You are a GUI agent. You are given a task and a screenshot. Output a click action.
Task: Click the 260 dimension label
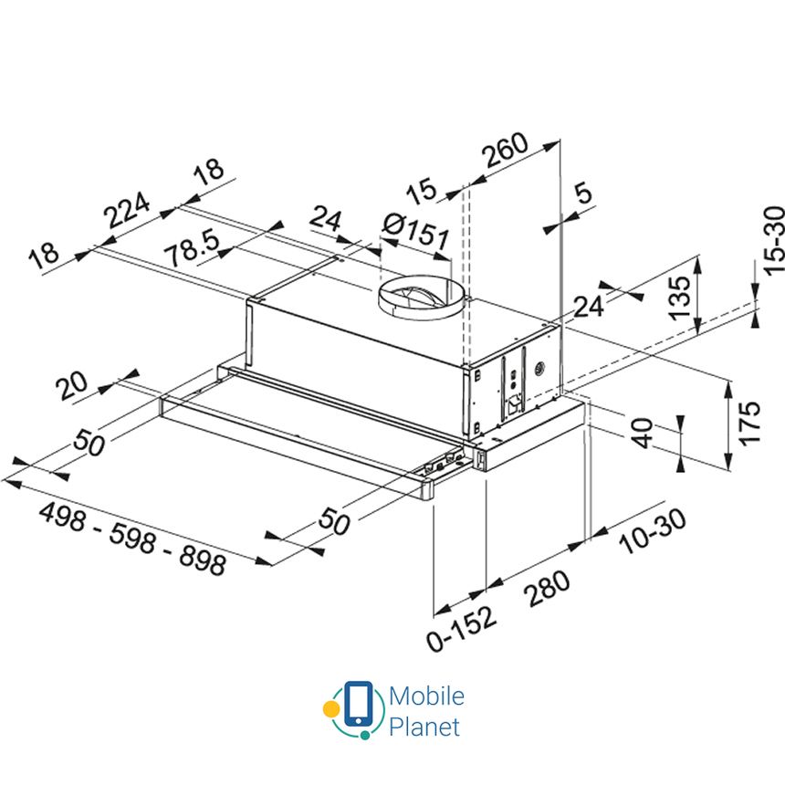[506, 152]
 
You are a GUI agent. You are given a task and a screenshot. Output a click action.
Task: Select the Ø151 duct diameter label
[416, 232]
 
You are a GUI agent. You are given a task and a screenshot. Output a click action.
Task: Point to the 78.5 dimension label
[194, 247]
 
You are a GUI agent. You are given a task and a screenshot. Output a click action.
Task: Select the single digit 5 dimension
[582, 194]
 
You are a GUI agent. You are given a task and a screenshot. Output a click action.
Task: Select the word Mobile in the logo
[426, 696]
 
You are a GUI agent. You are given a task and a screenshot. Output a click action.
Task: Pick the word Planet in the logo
[424, 727]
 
